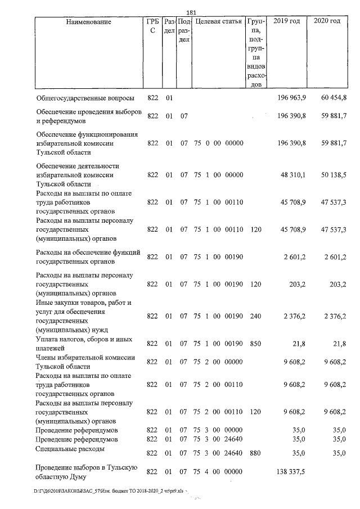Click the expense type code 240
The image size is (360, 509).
pos(255,317)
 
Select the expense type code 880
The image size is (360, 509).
pos(255,453)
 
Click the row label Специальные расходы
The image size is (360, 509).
pos(65,449)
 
